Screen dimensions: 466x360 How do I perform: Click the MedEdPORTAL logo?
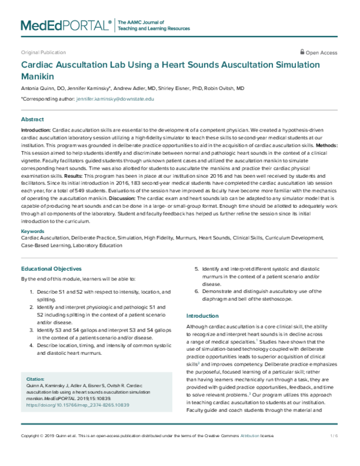pos(66,25)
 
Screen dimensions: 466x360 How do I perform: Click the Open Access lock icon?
pos(303,52)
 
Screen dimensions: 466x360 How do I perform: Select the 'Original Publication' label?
pos(43,53)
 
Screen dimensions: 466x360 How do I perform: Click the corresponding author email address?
pos(115,98)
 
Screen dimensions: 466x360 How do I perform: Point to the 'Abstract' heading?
pos(32,120)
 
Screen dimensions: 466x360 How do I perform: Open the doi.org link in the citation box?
pos(78,405)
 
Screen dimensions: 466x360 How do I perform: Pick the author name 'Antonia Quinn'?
pos(39,88)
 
